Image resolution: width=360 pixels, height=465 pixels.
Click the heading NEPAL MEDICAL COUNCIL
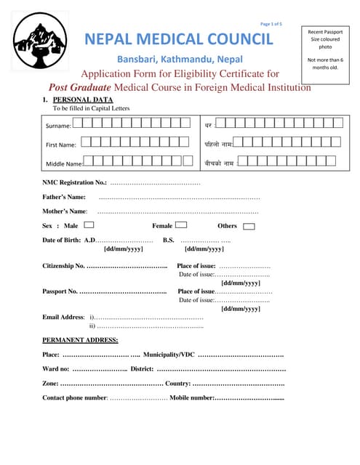pos(180,39)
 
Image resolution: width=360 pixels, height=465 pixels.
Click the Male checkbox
pos(89,225)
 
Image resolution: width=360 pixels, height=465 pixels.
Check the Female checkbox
pos(182,225)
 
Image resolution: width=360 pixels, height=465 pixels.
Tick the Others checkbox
pos(249,226)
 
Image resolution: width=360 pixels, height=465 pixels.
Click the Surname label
pos(59,126)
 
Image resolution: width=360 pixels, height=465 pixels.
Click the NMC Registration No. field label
pos(75,182)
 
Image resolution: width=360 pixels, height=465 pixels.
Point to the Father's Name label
pos(64,197)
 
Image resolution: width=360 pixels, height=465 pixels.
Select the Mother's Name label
pos(65,211)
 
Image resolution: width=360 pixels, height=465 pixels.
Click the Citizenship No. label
pos(64,266)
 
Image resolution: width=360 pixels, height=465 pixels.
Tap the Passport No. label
pos(60,291)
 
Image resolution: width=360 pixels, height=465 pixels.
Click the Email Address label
pos(64,318)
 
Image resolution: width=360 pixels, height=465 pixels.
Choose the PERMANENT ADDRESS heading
pos(80,340)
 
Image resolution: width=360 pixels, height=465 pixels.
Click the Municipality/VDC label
pos(169,355)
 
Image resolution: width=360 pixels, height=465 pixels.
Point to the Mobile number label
pos(191,398)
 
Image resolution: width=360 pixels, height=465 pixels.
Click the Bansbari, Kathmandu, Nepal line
pos(180,59)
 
